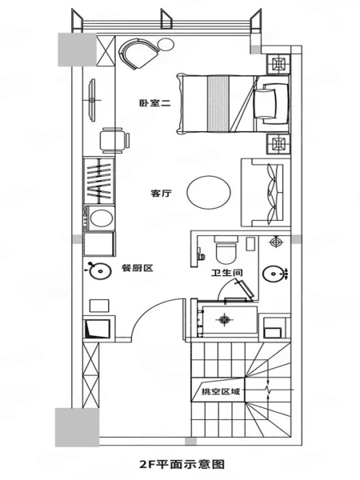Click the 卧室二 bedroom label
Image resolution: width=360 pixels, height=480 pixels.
[x=154, y=103]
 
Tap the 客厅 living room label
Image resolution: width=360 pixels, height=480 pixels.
[x=162, y=193]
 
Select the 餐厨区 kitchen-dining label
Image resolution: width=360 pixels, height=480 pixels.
[x=137, y=268]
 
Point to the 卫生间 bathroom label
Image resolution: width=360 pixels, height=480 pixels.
[x=227, y=272]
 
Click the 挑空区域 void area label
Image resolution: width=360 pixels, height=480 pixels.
[x=221, y=391]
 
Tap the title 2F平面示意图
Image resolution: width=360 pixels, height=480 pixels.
[x=182, y=464]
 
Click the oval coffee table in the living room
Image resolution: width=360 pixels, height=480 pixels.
[x=209, y=192]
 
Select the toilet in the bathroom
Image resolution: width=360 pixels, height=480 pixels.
[x=226, y=248]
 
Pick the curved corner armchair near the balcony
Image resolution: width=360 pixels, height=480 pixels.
[x=138, y=54]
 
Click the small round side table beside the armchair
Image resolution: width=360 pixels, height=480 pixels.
[x=166, y=44]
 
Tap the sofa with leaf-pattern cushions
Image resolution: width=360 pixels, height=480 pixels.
[x=266, y=192]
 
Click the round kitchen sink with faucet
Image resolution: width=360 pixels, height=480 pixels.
[x=100, y=270]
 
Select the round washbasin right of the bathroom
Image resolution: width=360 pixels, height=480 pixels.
[x=273, y=273]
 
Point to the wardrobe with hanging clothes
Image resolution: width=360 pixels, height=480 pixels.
[x=99, y=181]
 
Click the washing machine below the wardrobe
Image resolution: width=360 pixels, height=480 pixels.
[x=98, y=218]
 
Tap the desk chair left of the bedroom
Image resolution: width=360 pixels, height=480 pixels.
[x=114, y=141]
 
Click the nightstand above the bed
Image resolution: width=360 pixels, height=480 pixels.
[x=278, y=65]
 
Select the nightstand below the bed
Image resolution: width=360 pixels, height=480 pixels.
[x=278, y=143]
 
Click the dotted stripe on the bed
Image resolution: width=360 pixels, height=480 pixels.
[x=218, y=103]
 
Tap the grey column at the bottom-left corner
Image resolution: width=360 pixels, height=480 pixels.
[x=77, y=426]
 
